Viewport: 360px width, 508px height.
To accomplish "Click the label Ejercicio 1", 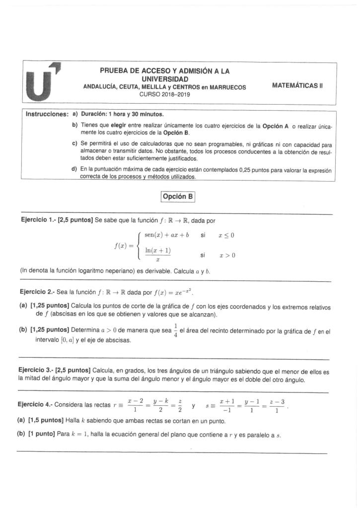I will pos(38,220).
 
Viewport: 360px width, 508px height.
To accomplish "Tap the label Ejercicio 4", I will pos(38,405).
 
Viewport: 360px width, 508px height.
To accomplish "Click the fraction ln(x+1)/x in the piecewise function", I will pos(158,255).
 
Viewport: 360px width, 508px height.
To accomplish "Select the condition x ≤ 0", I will pos(226,235).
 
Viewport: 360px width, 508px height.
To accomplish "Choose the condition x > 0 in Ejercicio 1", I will pos(226,255).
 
